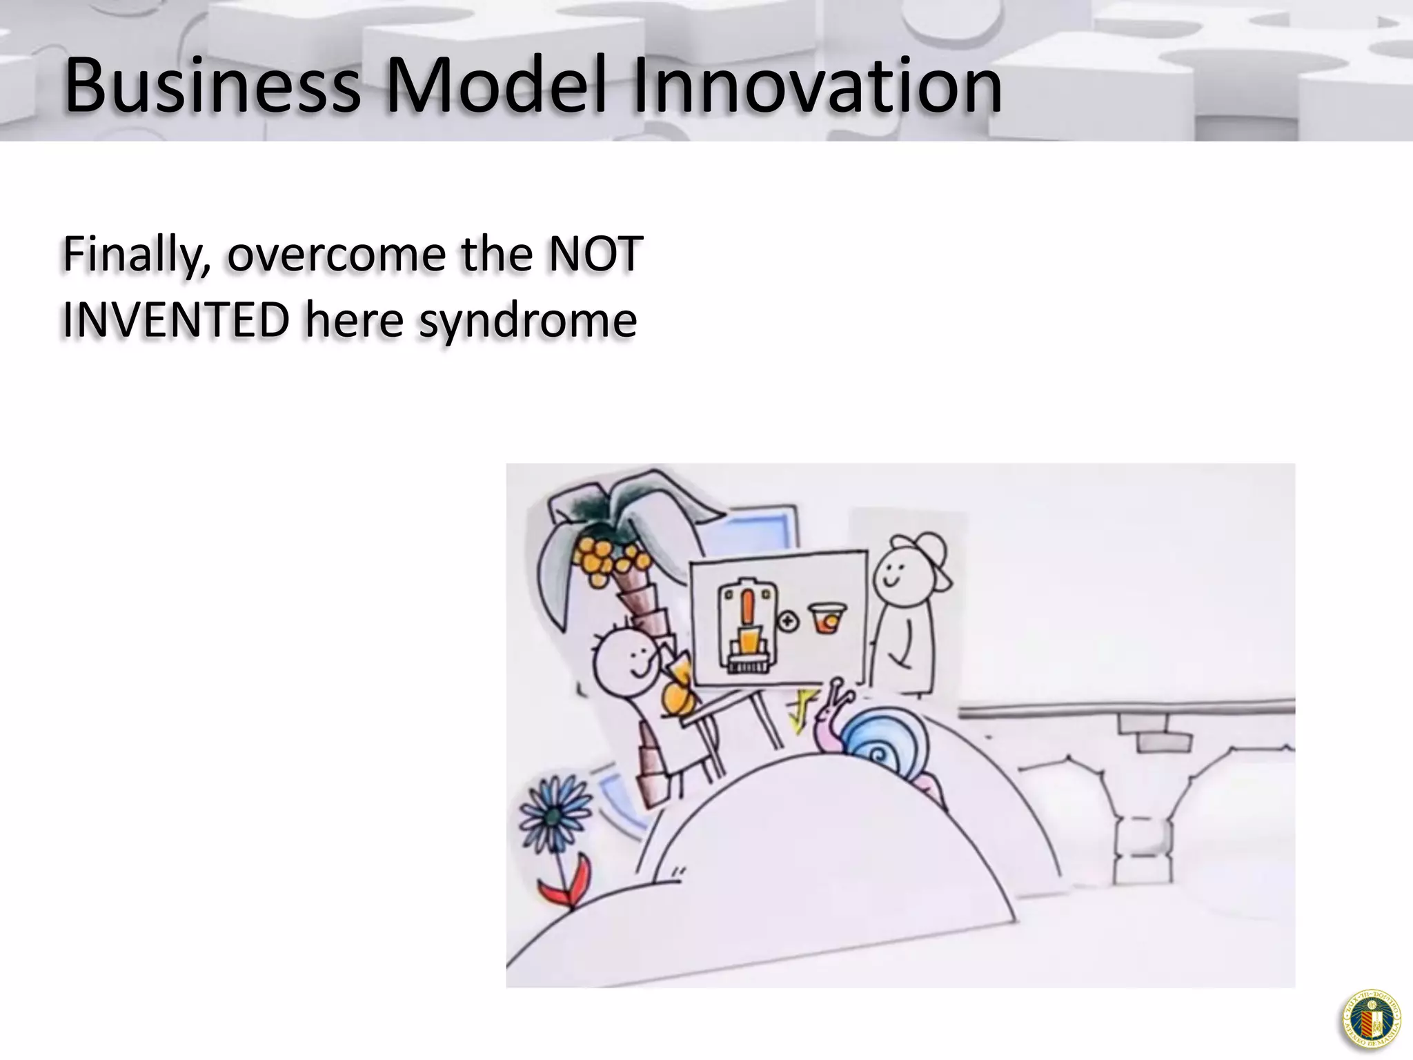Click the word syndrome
528,322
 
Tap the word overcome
337,255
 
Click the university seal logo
1371,1019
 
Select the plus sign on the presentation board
787,621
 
